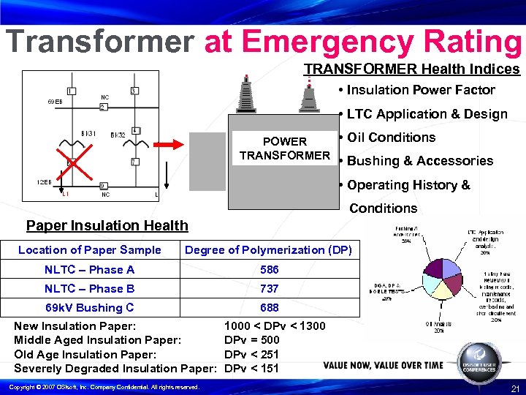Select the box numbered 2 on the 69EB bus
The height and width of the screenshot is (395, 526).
103,108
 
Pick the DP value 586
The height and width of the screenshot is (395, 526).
269,270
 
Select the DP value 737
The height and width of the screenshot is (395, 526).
269,289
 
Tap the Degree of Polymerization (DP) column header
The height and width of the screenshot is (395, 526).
268,250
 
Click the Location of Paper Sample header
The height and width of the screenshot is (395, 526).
89,250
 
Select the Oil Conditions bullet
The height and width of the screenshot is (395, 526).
391,138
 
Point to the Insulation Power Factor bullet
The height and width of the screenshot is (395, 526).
421,90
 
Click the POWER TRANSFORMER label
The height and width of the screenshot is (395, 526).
285,148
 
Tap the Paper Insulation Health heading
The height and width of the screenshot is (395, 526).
107,226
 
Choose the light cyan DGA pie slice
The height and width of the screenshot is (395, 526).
413,287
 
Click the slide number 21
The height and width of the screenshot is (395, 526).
514,387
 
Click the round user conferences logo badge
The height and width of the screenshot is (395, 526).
480,363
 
